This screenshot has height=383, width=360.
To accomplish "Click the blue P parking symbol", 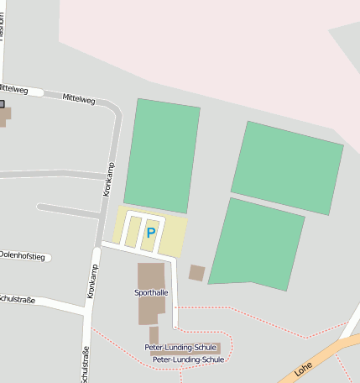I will click(x=151, y=233).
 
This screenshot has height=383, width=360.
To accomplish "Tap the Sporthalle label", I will click(x=151, y=292).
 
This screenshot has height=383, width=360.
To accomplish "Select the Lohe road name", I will click(x=304, y=368).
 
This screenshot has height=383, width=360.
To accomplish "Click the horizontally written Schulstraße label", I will click(x=18, y=299).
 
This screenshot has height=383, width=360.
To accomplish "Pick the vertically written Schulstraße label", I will click(x=83, y=365).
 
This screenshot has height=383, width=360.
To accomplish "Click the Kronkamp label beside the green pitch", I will click(x=108, y=179).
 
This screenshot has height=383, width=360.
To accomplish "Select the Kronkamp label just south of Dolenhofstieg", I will click(x=93, y=281).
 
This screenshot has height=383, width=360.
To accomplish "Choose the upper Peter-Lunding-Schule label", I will click(x=180, y=347).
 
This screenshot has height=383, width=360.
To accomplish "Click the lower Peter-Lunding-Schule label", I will click(x=188, y=359).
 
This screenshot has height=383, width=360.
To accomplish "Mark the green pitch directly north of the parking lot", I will click(x=162, y=155).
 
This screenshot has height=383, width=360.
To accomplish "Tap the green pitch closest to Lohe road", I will click(x=255, y=244).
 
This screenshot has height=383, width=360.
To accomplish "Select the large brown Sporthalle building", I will click(x=151, y=276).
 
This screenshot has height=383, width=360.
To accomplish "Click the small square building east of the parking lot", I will click(x=197, y=272).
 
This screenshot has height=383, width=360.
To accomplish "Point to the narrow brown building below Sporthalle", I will click(x=154, y=335).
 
